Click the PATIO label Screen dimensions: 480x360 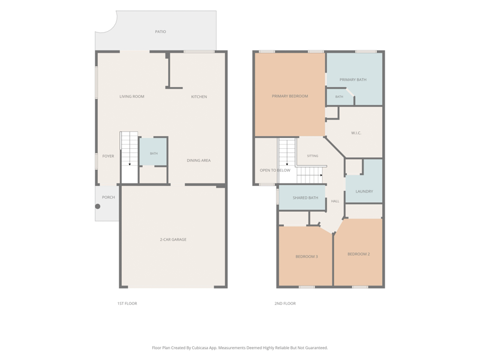tap(160, 32)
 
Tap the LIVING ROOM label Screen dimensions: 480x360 tap(131, 97)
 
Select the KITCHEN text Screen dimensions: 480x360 tap(199, 97)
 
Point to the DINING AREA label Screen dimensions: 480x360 tap(199, 160)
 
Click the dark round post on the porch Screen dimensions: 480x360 tap(98, 206)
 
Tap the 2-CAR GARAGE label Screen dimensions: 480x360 tap(173, 239)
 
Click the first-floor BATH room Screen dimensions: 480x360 tap(154, 152)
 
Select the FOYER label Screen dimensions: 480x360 tap(108, 156)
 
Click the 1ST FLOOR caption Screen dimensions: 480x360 tap(127, 304)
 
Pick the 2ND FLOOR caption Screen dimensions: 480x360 tap(285, 304)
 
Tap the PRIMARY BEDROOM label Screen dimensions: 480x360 tap(290, 96)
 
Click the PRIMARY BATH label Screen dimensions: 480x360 tap(353, 80)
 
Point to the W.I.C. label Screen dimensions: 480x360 tap(356, 133)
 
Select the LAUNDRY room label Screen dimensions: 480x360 tap(364, 191)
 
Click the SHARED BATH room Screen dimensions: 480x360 tap(302, 198)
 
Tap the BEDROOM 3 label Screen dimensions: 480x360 tap(307, 257)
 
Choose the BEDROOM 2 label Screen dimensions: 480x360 tap(358, 254)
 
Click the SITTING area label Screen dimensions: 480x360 tap(313, 156)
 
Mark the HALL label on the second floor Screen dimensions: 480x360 tap(335, 201)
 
